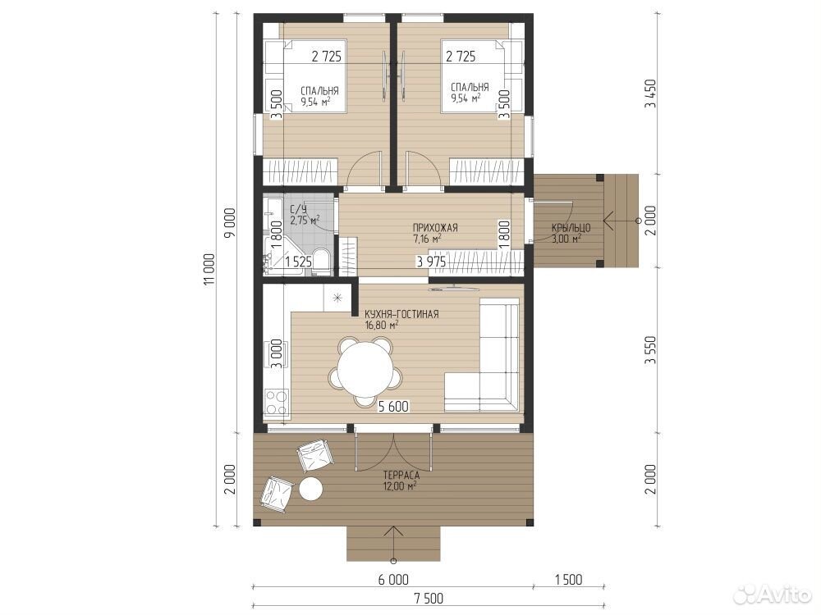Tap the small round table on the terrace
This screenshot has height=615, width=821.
click(x=310, y=490)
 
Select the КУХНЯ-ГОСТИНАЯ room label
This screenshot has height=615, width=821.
click(x=401, y=314)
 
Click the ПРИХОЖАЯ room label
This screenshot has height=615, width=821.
click(x=435, y=227)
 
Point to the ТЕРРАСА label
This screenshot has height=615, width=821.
click(x=401, y=476)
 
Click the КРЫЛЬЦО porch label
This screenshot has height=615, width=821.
click(x=571, y=228)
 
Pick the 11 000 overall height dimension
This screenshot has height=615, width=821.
click(x=209, y=270)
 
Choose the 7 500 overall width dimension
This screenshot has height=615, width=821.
click(x=429, y=599)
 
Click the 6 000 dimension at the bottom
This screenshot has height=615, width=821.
click(x=393, y=580)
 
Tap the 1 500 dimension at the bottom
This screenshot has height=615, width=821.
click(x=568, y=580)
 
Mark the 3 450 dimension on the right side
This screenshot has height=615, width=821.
click(x=650, y=94)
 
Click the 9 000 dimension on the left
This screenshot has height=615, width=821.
click(x=231, y=222)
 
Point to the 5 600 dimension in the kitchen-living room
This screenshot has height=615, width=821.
click(x=393, y=407)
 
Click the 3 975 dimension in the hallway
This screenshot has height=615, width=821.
click(x=431, y=262)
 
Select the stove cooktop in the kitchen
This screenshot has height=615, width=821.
click(x=277, y=402)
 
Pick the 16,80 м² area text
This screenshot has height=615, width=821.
click(x=382, y=325)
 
